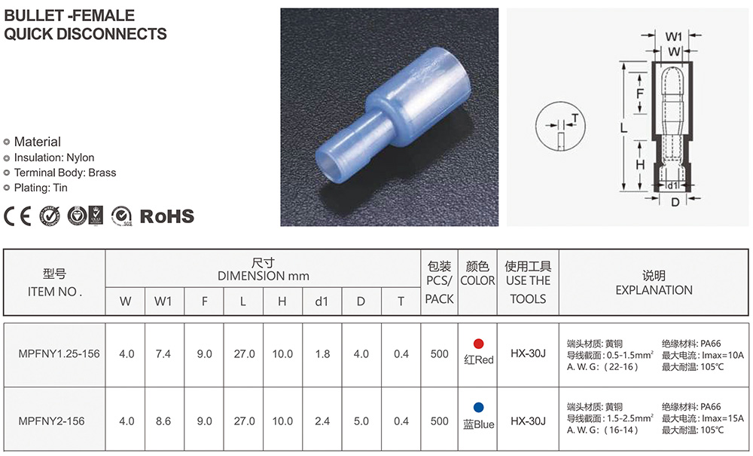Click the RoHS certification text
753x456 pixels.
point(166,216)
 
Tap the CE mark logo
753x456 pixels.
point(17,216)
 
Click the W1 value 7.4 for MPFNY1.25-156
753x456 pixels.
point(163,354)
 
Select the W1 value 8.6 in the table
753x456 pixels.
point(163,421)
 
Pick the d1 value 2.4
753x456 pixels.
point(322,421)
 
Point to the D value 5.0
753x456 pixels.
point(361,421)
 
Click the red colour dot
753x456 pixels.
point(478,344)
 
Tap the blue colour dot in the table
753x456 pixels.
point(478,408)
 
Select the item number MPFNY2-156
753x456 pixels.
point(51,421)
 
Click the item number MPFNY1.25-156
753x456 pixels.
point(59,353)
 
